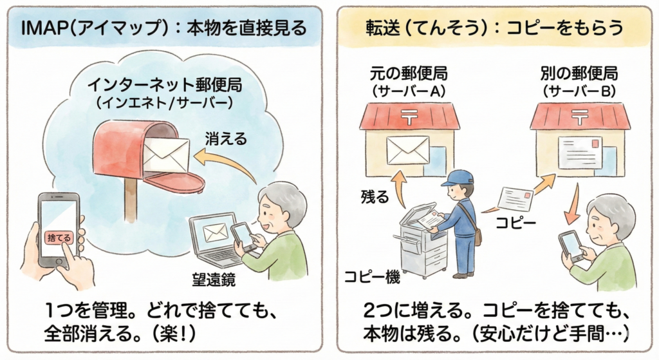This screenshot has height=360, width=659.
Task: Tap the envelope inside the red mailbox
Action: pyautogui.click(x=166, y=153)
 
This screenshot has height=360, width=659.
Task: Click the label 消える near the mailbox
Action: pyautogui.click(x=226, y=138)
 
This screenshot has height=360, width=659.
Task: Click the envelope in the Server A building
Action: pyautogui.click(x=407, y=149)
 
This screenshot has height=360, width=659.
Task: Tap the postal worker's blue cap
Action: pyautogui.click(x=458, y=177)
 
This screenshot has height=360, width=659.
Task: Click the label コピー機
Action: pyautogui.click(x=371, y=278)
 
